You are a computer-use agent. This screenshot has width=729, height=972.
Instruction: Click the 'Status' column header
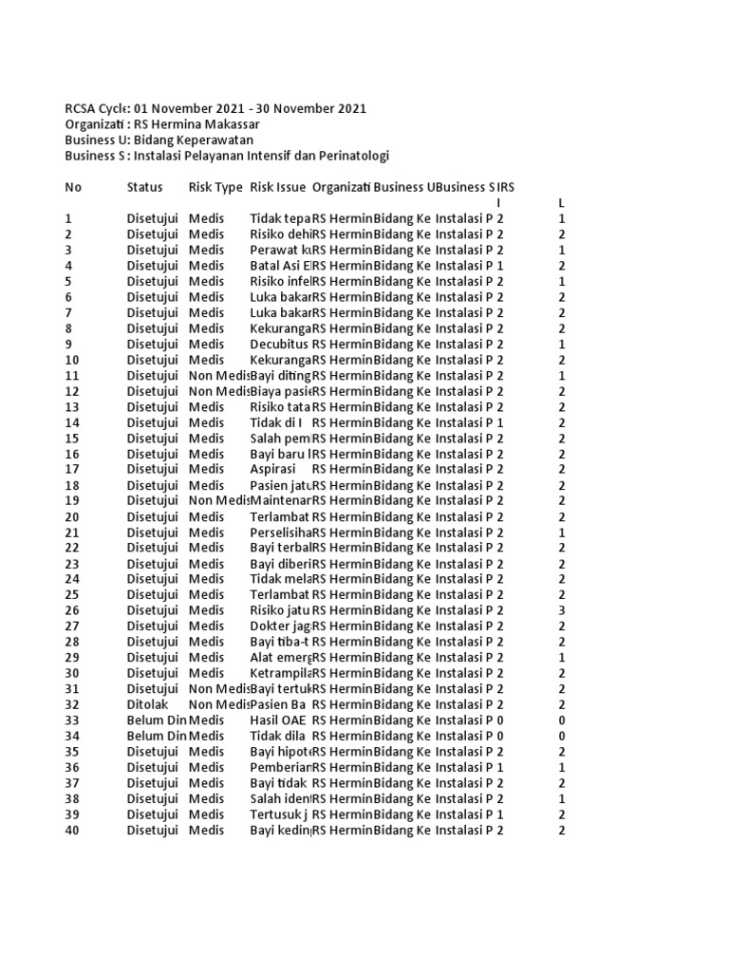point(144,187)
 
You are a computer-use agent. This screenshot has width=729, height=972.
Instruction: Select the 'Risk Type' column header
point(215,187)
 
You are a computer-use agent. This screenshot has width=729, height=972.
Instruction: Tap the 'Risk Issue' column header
point(277,187)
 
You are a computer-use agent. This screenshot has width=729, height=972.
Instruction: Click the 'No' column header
point(73,187)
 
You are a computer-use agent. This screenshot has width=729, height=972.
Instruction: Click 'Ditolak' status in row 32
point(150,704)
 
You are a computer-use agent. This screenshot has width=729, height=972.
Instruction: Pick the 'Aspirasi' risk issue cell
point(273,469)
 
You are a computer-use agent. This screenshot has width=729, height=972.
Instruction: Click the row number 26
point(72,610)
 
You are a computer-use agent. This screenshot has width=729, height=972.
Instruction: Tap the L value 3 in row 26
point(562,610)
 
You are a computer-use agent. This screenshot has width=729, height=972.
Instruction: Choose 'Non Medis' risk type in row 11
point(218,375)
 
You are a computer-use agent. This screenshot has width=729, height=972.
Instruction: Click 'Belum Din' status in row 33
point(157,720)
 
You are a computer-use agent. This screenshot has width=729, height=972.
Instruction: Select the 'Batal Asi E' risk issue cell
point(280,266)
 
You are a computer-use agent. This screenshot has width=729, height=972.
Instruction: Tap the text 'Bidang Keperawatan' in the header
point(199,140)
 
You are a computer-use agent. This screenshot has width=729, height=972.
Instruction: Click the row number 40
point(72,830)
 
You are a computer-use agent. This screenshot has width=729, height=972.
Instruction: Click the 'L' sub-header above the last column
point(562,203)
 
